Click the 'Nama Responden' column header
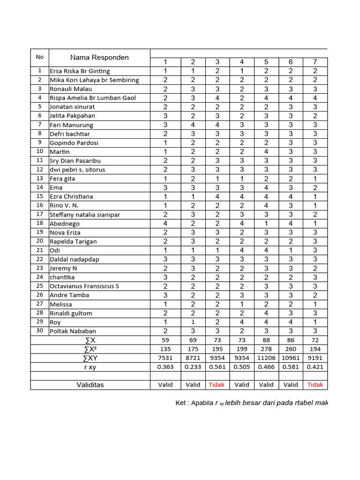click(99, 58)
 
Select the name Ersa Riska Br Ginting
click(80, 71)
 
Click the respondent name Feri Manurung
click(71, 125)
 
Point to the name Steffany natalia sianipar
click(85, 215)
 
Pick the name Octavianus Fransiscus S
click(84, 286)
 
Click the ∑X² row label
click(90, 349)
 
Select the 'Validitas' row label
click(90, 385)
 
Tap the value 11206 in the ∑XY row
click(266, 358)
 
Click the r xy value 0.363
click(165, 367)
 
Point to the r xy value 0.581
click(291, 367)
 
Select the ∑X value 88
click(266, 340)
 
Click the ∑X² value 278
click(266, 349)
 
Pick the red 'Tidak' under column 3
click(217, 385)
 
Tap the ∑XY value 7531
click(165, 358)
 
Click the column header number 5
click(266, 62)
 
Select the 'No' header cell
click(40, 57)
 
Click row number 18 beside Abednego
click(40, 223)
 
